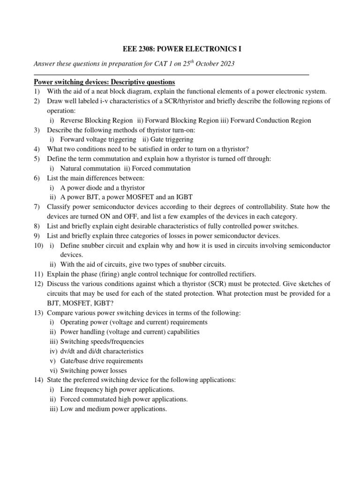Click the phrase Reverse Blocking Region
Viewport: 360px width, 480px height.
[x=96, y=120]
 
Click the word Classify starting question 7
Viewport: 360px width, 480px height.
[x=59, y=207]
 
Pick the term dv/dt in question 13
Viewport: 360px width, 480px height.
[x=68, y=351]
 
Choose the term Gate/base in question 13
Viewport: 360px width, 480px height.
[x=75, y=361]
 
